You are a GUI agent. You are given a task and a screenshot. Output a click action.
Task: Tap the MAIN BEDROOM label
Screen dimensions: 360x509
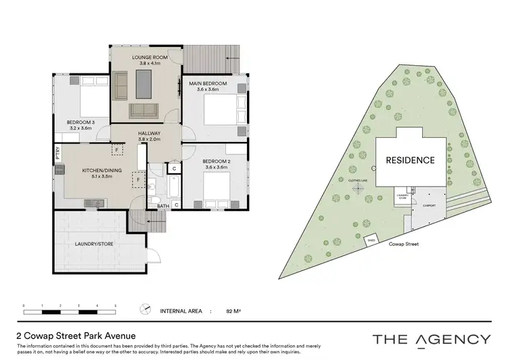point(208,84)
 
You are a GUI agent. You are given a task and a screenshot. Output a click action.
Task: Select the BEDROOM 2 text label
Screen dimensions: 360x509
point(217,161)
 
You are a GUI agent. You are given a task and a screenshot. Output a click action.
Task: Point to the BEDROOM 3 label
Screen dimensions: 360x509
point(79,123)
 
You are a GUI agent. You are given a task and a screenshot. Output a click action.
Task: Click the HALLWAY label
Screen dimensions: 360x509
point(149,133)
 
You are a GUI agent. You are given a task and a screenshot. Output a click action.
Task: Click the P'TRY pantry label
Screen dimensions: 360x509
point(58,151)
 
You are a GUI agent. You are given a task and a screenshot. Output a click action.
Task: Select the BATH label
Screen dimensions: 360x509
point(163,205)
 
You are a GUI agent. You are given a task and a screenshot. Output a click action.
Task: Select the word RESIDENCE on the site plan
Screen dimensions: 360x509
point(410,160)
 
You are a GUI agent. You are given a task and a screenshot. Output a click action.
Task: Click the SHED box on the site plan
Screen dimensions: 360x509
point(371,240)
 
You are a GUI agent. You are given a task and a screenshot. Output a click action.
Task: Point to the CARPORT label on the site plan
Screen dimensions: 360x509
point(428,204)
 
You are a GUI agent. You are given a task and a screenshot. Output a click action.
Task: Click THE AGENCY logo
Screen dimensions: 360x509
point(431,339)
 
